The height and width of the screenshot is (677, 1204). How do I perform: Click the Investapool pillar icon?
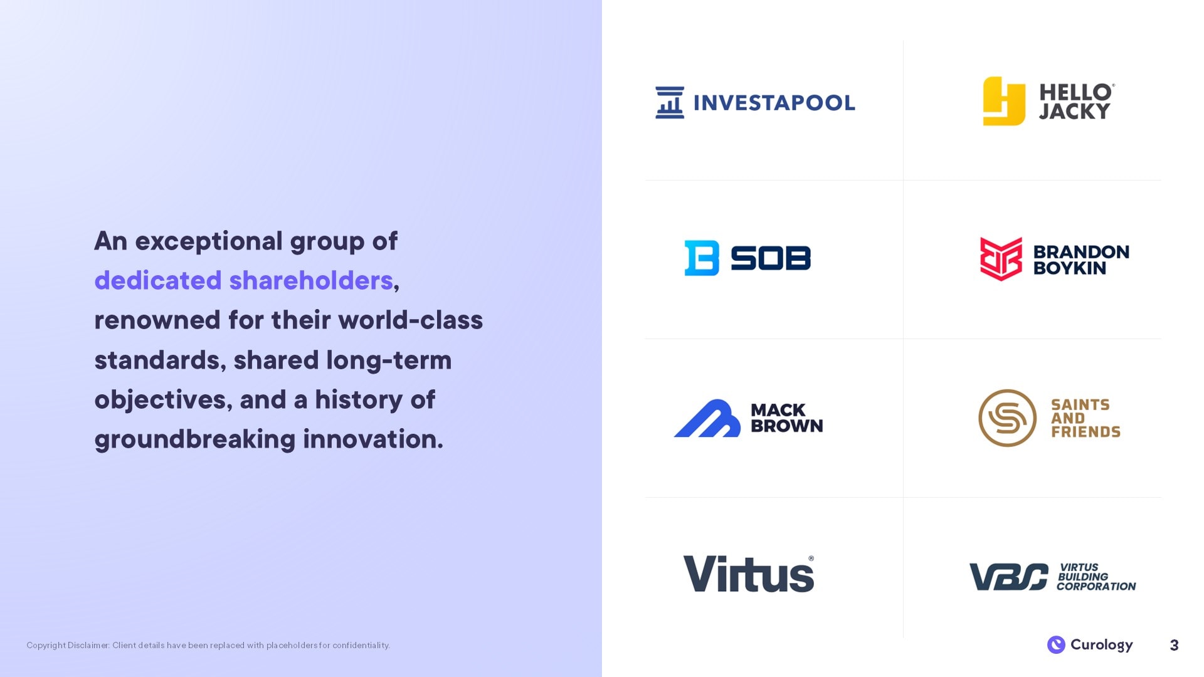[x=670, y=102]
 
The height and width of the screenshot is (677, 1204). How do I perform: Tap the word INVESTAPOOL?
[x=774, y=103]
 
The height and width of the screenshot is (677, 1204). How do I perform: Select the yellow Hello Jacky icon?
[x=1004, y=101]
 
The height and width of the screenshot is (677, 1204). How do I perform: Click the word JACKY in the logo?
[x=1075, y=112]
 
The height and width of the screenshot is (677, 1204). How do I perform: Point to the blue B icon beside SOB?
[x=702, y=258]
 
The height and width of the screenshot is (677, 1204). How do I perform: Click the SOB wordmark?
[x=771, y=258]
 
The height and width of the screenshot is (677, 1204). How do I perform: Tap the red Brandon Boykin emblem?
[x=1001, y=258]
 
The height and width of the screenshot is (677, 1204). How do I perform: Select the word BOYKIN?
[x=1070, y=268]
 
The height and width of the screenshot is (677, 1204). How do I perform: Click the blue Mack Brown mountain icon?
[x=707, y=418]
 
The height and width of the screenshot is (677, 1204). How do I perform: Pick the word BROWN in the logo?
[x=787, y=426]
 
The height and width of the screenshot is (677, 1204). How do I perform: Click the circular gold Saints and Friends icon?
[x=1007, y=418]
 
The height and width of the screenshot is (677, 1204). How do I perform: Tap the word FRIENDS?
[x=1085, y=432]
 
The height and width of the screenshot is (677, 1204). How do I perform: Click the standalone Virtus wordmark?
[x=749, y=574]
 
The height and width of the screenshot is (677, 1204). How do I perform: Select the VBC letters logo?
[x=1009, y=577]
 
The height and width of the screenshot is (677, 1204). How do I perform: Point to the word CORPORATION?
[x=1096, y=587]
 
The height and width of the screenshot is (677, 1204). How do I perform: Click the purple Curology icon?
[x=1056, y=644]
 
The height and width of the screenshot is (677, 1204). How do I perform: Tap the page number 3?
[x=1175, y=645]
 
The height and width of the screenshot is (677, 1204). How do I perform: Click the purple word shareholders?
[x=311, y=280]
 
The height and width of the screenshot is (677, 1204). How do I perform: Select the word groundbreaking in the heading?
[x=195, y=439]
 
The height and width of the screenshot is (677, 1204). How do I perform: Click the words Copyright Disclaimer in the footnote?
[x=68, y=645]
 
